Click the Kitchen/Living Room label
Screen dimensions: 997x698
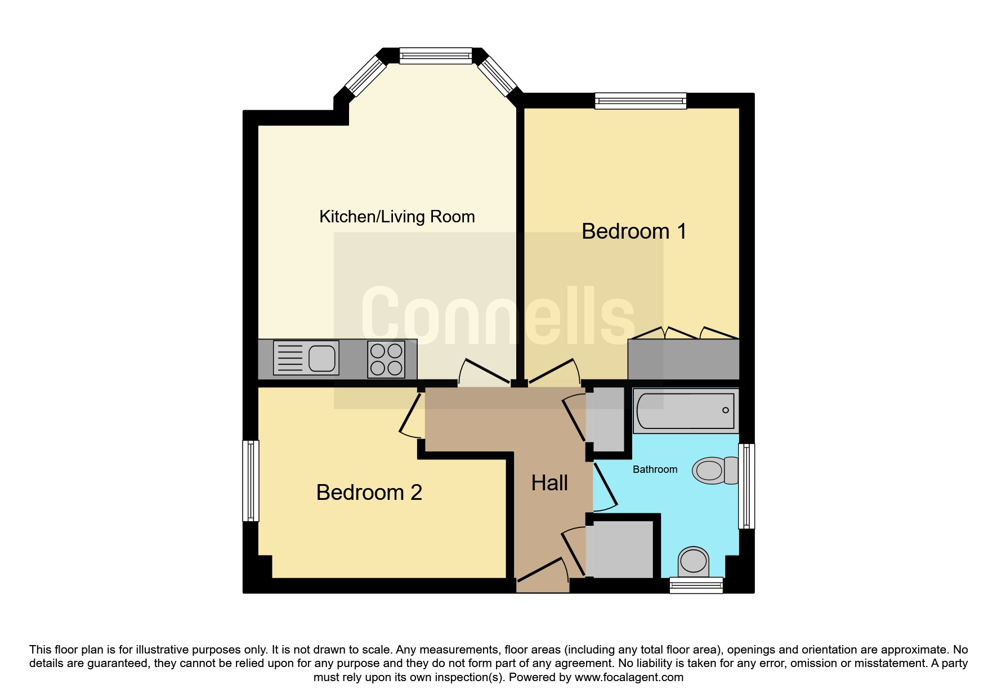pos(397,217)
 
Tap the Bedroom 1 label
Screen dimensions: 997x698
pos(634,231)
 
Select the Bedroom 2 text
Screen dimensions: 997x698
pos(369,493)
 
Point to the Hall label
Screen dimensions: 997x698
pos(549,483)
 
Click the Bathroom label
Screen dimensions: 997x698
pos(655,469)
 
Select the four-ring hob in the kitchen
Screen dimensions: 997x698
pos(386,359)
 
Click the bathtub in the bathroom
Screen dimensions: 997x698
pos(686,410)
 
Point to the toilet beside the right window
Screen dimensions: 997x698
pos(715,470)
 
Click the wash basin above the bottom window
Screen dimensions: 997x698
pos(693,561)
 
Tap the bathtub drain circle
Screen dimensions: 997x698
pos(726,410)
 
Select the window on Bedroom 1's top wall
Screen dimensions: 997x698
pos(641,101)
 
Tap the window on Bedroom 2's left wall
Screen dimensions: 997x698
pos(251,481)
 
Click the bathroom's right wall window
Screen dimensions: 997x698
pos(746,486)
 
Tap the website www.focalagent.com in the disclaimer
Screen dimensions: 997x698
pos(629,677)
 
